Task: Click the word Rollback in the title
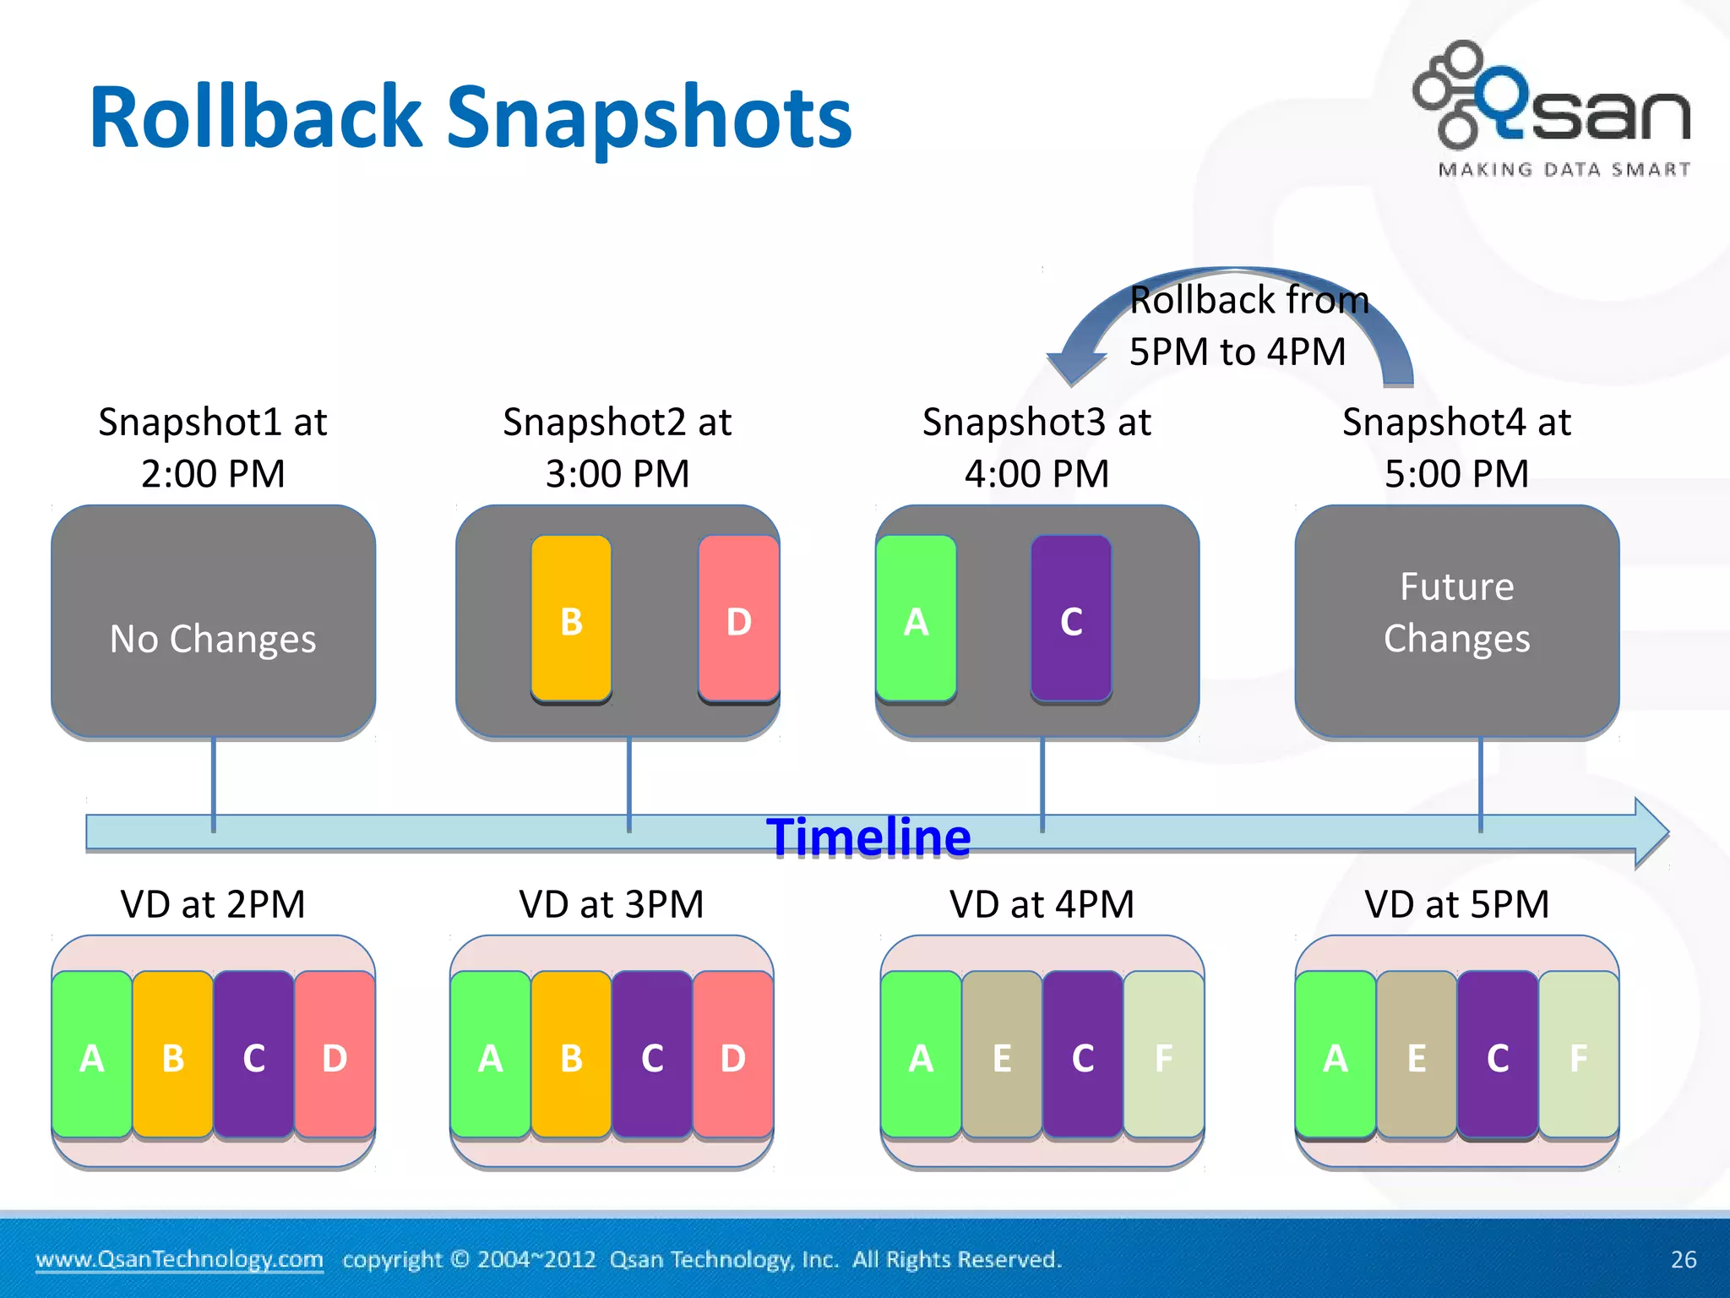[x=255, y=118]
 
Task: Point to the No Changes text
[x=213, y=639]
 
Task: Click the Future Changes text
[x=1456, y=613]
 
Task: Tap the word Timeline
[x=868, y=837]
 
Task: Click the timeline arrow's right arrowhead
[x=1650, y=833]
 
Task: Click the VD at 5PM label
[x=1456, y=904]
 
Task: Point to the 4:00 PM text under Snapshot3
[x=1036, y=473]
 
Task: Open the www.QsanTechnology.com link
[x=179, y=1259]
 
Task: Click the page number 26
[x=1683, y=1259]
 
